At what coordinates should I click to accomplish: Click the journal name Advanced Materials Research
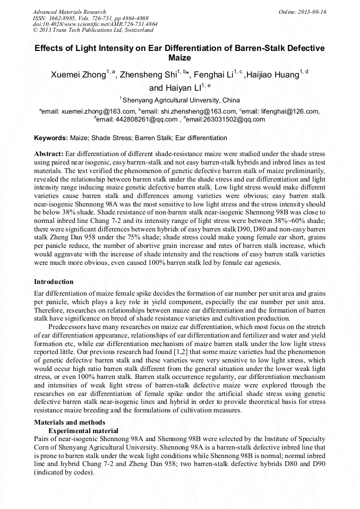69,12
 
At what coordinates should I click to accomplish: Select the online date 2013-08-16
311,12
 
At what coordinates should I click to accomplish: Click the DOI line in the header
95,24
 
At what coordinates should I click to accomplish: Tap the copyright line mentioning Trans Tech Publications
93,31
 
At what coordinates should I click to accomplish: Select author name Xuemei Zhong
78,75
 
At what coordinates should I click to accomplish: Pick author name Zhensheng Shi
148,75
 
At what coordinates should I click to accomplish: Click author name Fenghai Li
212,75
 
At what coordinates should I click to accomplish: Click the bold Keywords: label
51,138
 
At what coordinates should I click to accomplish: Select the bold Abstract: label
49,153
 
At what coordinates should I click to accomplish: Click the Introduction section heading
54,281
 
